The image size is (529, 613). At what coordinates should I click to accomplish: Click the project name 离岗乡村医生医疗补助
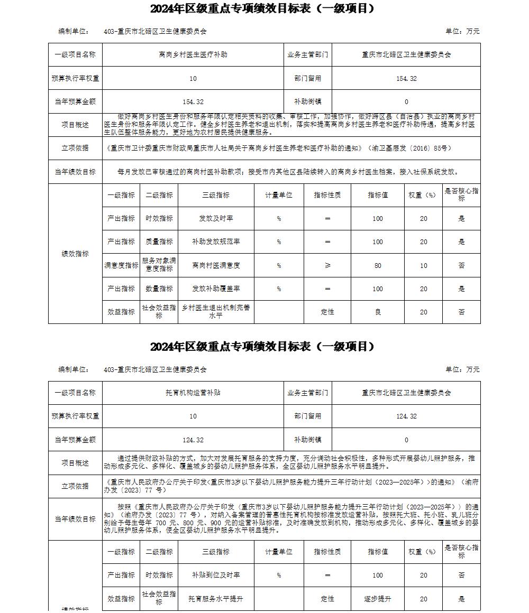point(193,54)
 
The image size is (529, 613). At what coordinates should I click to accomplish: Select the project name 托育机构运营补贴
point(193,393)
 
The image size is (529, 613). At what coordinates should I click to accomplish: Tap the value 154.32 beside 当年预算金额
point(193,101)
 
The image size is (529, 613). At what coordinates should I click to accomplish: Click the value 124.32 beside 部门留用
point(406,416)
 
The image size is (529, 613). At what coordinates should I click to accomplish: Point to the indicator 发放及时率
point(216,218)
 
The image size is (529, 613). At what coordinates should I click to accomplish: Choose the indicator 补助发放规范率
point(216,242)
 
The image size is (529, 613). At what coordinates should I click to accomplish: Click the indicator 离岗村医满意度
point(216,265)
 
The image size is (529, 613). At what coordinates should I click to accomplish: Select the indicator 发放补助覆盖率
point(216,289)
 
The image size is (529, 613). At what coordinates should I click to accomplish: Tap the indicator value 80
point(378,265)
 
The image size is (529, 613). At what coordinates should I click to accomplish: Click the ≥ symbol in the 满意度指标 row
point(327,265)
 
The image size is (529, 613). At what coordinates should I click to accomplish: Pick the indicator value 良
point(378,312)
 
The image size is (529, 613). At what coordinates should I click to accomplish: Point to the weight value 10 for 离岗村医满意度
point(424,265)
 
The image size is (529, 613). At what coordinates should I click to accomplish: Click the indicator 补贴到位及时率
point(216,575)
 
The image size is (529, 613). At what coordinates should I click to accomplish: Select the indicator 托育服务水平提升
point(216,599)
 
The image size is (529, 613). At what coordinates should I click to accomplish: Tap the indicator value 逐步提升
point(378,599)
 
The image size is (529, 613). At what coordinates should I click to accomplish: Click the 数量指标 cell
point(159,289)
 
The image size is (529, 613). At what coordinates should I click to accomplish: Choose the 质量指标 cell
point(159,242)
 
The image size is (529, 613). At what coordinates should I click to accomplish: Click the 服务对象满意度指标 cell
point(159,265)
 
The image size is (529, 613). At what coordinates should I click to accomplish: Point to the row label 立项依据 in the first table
point(75,148)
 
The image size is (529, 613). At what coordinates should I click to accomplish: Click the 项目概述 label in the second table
point(75,463)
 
